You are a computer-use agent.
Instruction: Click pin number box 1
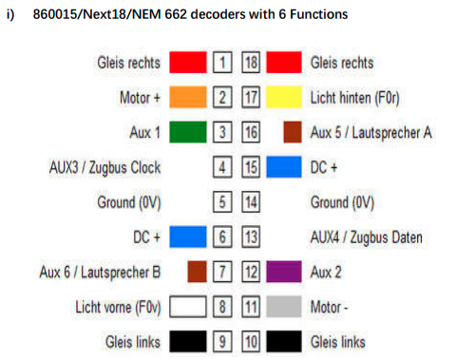222,63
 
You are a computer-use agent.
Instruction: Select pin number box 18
251,63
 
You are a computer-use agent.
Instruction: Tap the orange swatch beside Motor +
188,97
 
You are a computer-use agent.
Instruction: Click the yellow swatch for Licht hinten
284,97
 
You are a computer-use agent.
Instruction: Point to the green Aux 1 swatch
188,132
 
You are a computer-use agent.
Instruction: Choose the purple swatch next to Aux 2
284,272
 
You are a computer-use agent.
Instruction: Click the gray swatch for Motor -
284,307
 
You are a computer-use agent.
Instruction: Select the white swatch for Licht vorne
188,307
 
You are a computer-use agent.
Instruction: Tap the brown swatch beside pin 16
293,132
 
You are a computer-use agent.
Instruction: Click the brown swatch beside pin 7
197,272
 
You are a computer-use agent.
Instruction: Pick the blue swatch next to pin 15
284,167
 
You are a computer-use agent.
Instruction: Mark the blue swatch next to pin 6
188,237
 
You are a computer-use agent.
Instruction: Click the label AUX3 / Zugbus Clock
104,167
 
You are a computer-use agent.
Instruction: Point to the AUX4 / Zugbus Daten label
367,237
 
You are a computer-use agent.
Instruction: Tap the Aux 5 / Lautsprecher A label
371,133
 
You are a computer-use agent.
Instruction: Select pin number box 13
251,237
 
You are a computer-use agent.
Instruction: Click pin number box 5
222,201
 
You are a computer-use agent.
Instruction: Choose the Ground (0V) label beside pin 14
342,202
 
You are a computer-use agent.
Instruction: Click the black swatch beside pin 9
188,341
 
